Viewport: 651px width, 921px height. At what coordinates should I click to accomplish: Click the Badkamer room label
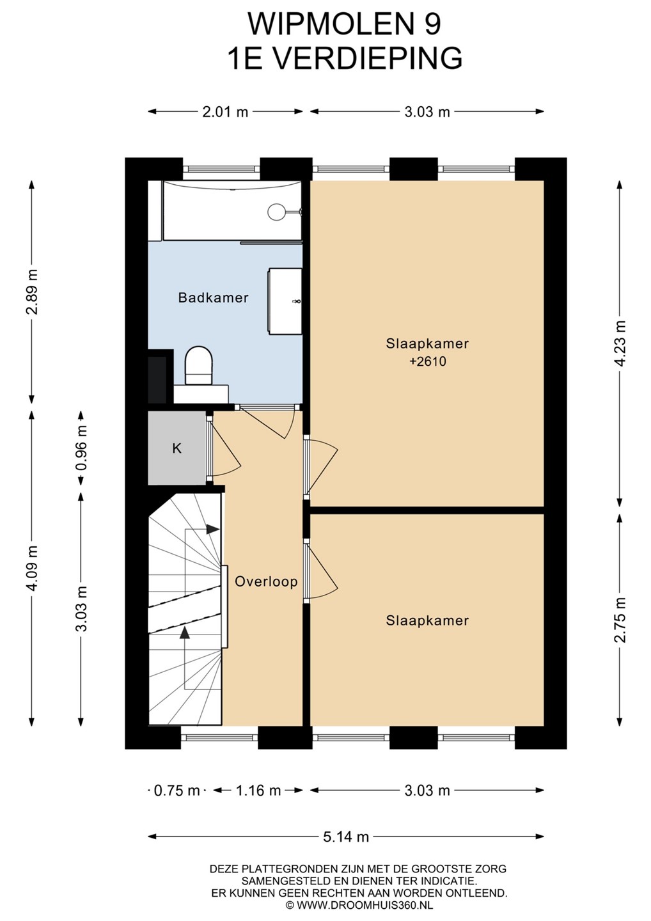(x=214, y=297)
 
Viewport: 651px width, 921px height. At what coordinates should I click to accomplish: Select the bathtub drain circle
(x=275, y=212)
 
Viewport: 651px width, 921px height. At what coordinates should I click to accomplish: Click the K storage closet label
(x=176, y=448)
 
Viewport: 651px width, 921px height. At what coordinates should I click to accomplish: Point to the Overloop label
(x=266, y=582)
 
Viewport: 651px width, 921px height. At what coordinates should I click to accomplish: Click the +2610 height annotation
(x=427, y=361)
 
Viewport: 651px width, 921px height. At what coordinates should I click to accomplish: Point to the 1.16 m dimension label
(x=258, y=791)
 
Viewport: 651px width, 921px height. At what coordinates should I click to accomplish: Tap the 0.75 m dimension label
(x=176, y=791)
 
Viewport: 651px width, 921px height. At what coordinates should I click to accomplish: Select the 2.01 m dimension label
(x=225, y=111)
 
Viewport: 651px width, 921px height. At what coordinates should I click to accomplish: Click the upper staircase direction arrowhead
(x=212, y=529)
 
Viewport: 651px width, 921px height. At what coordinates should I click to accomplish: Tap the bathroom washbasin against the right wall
(x=285, y=301)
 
